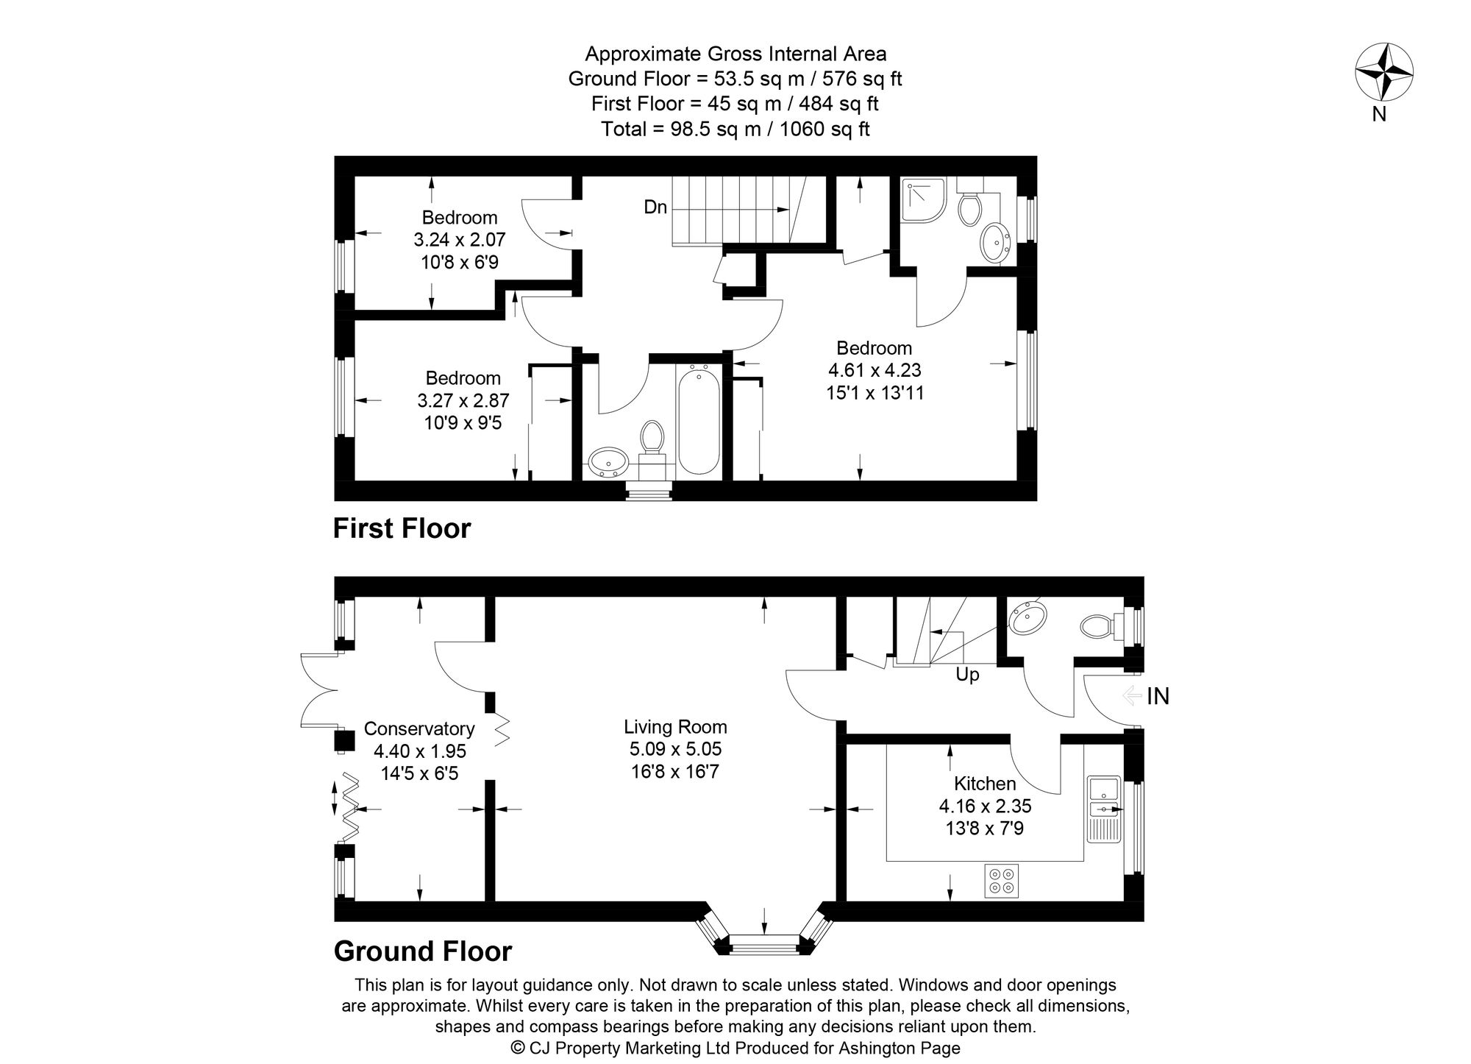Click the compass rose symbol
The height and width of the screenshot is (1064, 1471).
tap(1383, 73)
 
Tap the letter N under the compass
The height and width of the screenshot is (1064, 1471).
tap(1379, 114)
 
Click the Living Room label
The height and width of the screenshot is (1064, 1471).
tap(675, 727)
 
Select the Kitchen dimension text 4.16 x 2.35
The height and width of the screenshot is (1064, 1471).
tap(985, 806)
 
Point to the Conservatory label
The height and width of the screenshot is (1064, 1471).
tap(419, 728)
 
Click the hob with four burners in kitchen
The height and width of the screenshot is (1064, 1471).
tap(1002, 881)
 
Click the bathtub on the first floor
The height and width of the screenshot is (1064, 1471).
tap(698, 422)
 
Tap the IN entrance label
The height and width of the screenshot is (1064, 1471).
tap(1158, 696)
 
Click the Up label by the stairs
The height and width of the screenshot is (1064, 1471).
tap(967, 675)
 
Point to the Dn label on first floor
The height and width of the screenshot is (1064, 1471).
tap(655, 208)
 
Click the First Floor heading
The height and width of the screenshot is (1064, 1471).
tap(402, 528)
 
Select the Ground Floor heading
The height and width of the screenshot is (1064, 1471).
tap(422, 951)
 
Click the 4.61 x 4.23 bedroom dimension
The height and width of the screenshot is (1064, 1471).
tap(875, 370)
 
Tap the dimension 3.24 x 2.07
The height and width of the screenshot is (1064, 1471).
tap(460, 240)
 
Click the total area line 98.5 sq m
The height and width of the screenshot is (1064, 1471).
tap(735, 130)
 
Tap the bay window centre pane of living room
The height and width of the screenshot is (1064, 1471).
tap(764, 946)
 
